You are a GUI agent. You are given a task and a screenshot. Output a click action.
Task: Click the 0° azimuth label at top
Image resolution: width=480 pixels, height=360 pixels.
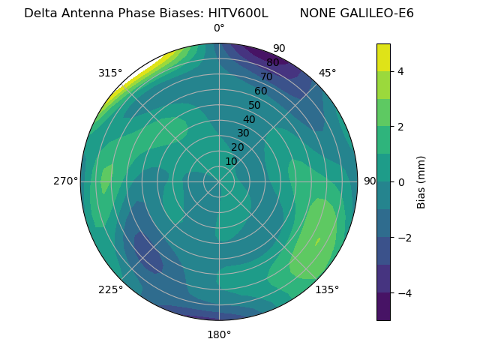click(x=219, y=28)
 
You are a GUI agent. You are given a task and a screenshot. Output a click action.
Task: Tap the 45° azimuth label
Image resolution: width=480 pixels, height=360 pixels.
click(x=328, y=73)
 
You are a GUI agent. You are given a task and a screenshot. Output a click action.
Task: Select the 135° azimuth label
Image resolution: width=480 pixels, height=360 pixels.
click(x=327, y=289)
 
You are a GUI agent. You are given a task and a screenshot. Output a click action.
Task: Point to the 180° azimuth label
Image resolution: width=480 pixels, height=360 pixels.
click(x=219, y=334)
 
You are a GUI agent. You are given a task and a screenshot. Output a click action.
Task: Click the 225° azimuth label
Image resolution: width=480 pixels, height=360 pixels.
click(x=110, y=290)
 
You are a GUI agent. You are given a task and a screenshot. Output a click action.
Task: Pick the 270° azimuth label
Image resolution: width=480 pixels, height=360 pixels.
click(x=65, y=181)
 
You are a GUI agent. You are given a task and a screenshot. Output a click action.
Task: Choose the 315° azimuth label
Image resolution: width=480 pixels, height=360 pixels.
click(x=110, y=73)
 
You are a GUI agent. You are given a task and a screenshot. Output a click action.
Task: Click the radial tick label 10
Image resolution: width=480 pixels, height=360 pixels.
click(x=231, y=161)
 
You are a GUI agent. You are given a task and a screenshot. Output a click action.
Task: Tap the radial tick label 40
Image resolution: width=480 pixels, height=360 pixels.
click(x=249, y=120)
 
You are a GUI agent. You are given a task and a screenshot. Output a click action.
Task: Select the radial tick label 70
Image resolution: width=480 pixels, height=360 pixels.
click(x=266, y=76)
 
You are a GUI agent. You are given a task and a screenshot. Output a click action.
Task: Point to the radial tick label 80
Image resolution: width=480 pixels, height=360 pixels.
click(x=272, y=63)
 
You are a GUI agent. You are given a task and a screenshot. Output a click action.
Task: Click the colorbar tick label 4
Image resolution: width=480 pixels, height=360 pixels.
click(x=401, y=71)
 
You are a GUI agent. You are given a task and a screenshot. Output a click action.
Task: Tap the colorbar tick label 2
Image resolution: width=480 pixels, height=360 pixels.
click(x=401, y=127)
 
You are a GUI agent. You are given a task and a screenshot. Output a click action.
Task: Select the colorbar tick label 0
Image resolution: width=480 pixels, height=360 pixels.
click(x=401, y=181)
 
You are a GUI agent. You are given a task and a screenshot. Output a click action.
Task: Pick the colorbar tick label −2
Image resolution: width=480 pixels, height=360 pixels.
click(x=403, y=237)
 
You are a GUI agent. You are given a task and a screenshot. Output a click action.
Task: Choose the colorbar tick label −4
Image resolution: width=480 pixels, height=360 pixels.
click(x=403, y=292)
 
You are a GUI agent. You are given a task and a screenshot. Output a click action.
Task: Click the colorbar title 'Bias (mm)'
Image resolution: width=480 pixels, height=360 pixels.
click(x=421, y=181)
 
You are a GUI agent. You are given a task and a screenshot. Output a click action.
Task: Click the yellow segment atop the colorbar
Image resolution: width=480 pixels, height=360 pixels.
click(x=383, y=57)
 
